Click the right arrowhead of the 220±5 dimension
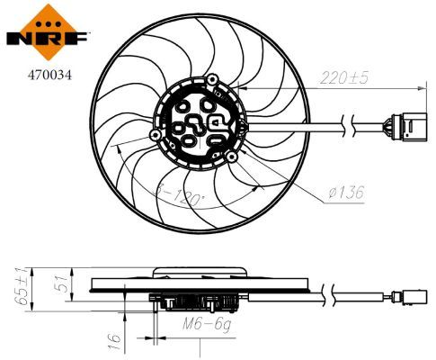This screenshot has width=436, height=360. [x=421, y=88]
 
